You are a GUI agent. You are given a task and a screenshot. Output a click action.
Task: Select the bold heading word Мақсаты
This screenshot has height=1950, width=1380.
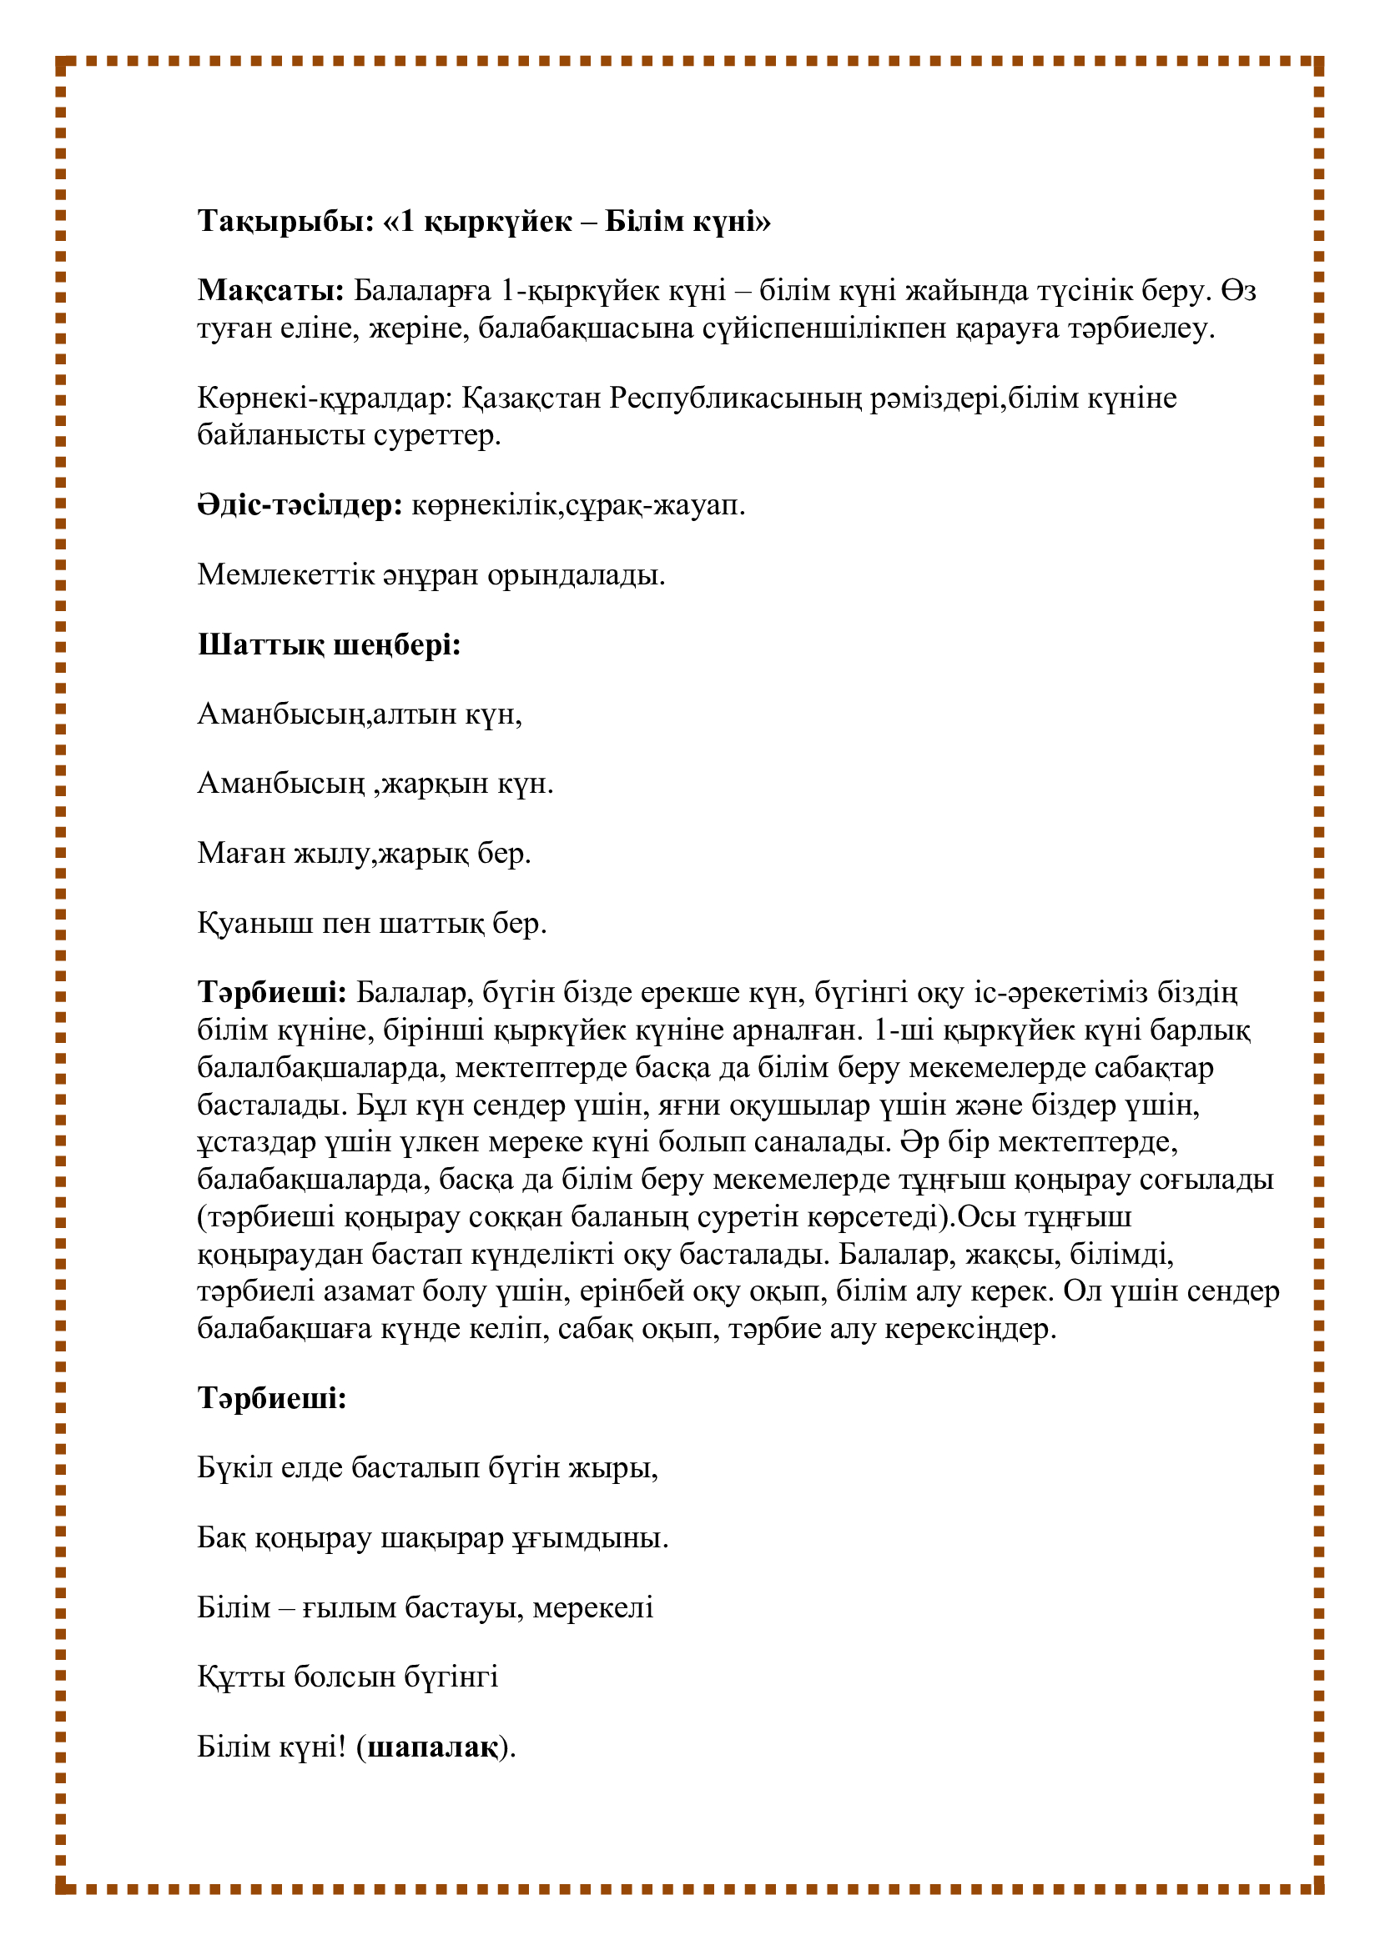click(x=270, y=291)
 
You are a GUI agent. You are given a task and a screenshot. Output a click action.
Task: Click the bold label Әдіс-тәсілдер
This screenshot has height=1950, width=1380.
click(x=300, y=505)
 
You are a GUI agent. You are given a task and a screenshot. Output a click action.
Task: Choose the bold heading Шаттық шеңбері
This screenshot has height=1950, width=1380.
click(x=329, y=644)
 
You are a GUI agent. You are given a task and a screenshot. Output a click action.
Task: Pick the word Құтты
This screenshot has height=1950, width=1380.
click(x=241, y=1677)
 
